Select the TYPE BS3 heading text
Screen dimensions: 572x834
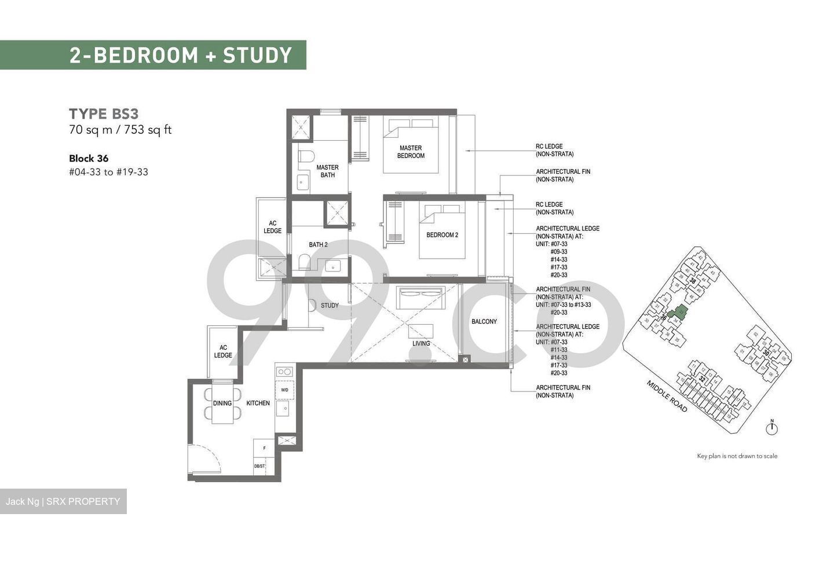[x=104, y=113]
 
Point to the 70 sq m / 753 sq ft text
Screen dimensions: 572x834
[x=120, y=130]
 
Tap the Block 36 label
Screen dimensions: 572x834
[x=89, y=158]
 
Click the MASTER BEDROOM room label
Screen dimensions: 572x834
[x=411, y=152]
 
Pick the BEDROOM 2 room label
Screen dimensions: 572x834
[x=442, y=235]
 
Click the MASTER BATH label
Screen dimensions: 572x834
[x=327, y=171]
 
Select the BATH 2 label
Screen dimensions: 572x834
[x=318, y=245]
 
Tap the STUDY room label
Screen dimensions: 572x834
[x=330, y=306]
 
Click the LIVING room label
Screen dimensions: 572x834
[x=421, y=343]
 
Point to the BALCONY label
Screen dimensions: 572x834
[x=484, y=322]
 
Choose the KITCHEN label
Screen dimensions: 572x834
[x=258, y=403]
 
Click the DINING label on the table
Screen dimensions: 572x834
[x=222, y=403]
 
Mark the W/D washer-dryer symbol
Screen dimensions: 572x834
[x=284, y=390]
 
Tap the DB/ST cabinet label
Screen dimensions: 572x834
[x=259, y=466]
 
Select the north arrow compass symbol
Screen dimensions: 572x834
[x=771, y=428]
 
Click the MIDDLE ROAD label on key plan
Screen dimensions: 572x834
[x=667, y=397]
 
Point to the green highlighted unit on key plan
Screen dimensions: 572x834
[x=675, y=313]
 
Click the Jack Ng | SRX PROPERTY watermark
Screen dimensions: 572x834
[x=63, y=501]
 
